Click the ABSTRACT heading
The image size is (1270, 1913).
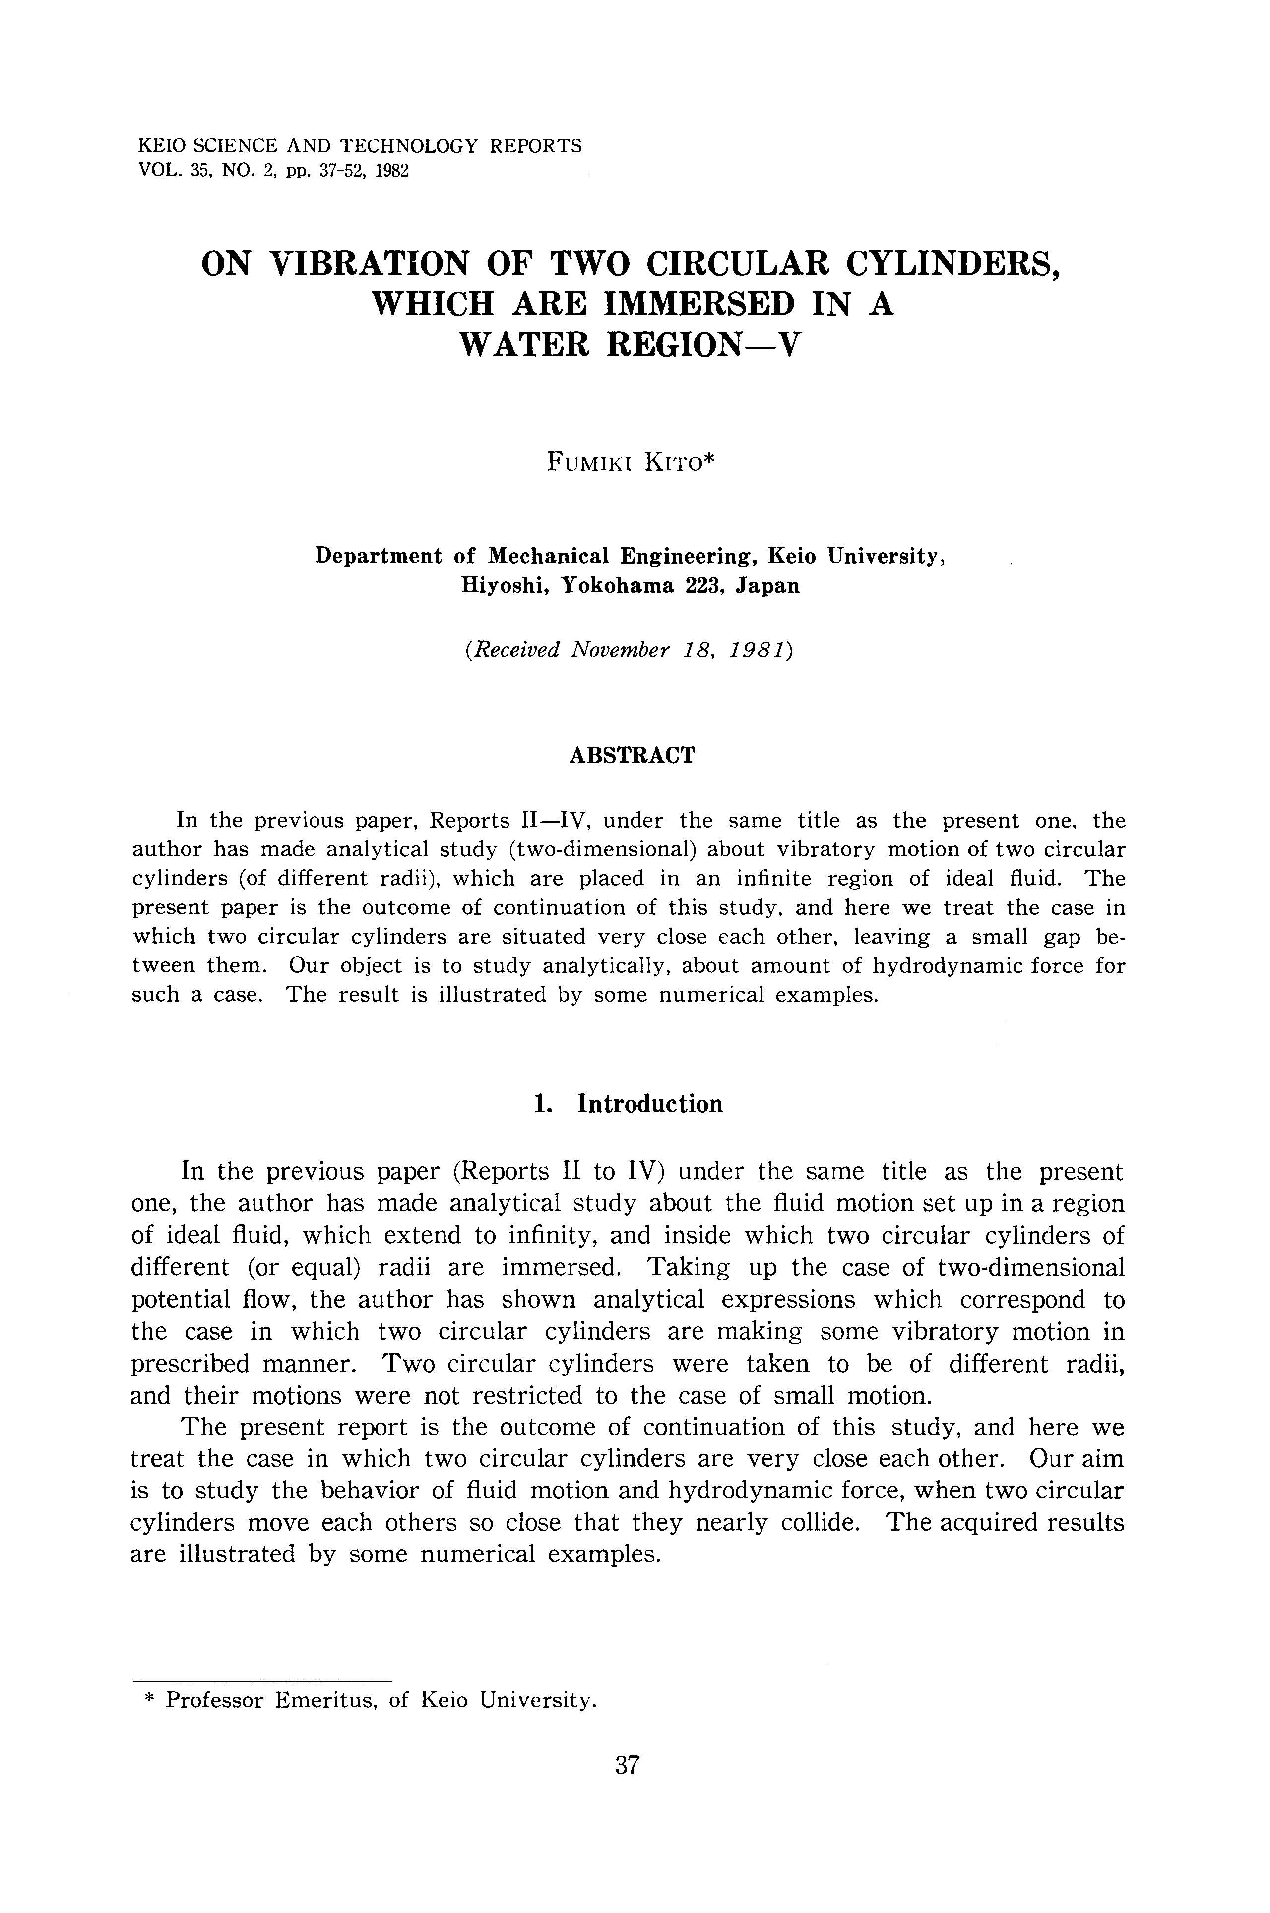pyautogui.click(x=632, y=755)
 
